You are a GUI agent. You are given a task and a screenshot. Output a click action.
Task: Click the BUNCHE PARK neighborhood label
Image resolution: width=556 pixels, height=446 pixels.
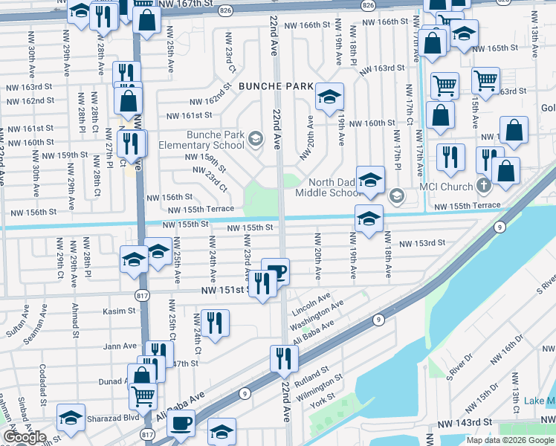point(276,87)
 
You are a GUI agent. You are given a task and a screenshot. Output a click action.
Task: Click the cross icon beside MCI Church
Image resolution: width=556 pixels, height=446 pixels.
point(483,184)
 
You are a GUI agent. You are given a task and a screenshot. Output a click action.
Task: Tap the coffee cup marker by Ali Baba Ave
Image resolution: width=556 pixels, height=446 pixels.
point(181,424)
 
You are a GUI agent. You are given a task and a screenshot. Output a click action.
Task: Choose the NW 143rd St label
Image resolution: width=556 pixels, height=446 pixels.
point(465,422)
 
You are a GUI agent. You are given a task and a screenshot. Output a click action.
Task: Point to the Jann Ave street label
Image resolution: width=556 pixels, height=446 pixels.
point(121,346)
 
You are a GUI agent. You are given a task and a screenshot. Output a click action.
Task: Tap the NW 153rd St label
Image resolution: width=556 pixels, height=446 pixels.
point(421,243)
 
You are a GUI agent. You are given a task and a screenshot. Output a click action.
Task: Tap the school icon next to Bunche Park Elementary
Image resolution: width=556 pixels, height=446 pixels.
point(256,138)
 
